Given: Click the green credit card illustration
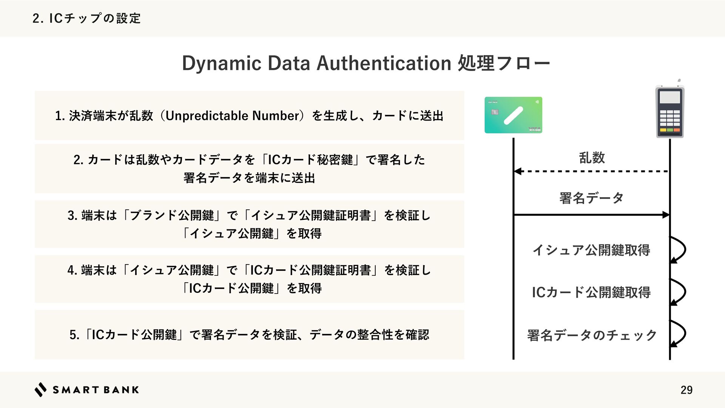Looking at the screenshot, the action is click(x=514, y=115).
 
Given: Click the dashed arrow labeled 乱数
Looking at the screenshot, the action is click(x=592, y=172).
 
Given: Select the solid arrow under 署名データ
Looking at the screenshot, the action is click(x=592, y=215).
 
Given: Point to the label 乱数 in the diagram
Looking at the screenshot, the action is click(x=592, y=158).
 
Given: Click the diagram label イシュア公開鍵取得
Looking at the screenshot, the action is click(x=591, y=250).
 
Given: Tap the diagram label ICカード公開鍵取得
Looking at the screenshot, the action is click(x=591, y=292).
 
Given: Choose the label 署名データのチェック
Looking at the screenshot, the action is click(x=592, y=335).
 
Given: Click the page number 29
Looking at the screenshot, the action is click(x=686, y=390).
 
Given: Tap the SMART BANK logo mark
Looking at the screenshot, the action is click(x=40, y=389).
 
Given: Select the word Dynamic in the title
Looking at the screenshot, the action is click(x=222, y=63).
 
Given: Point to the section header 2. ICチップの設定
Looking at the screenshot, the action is click(x=86, y=18).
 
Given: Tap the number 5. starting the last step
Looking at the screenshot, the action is click(x=74, y=335).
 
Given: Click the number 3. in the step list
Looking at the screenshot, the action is click(x=72, y=215).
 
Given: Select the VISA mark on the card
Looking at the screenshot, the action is click(x=534, y=130).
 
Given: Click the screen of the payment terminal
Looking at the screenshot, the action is click(x=670, y=97).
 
